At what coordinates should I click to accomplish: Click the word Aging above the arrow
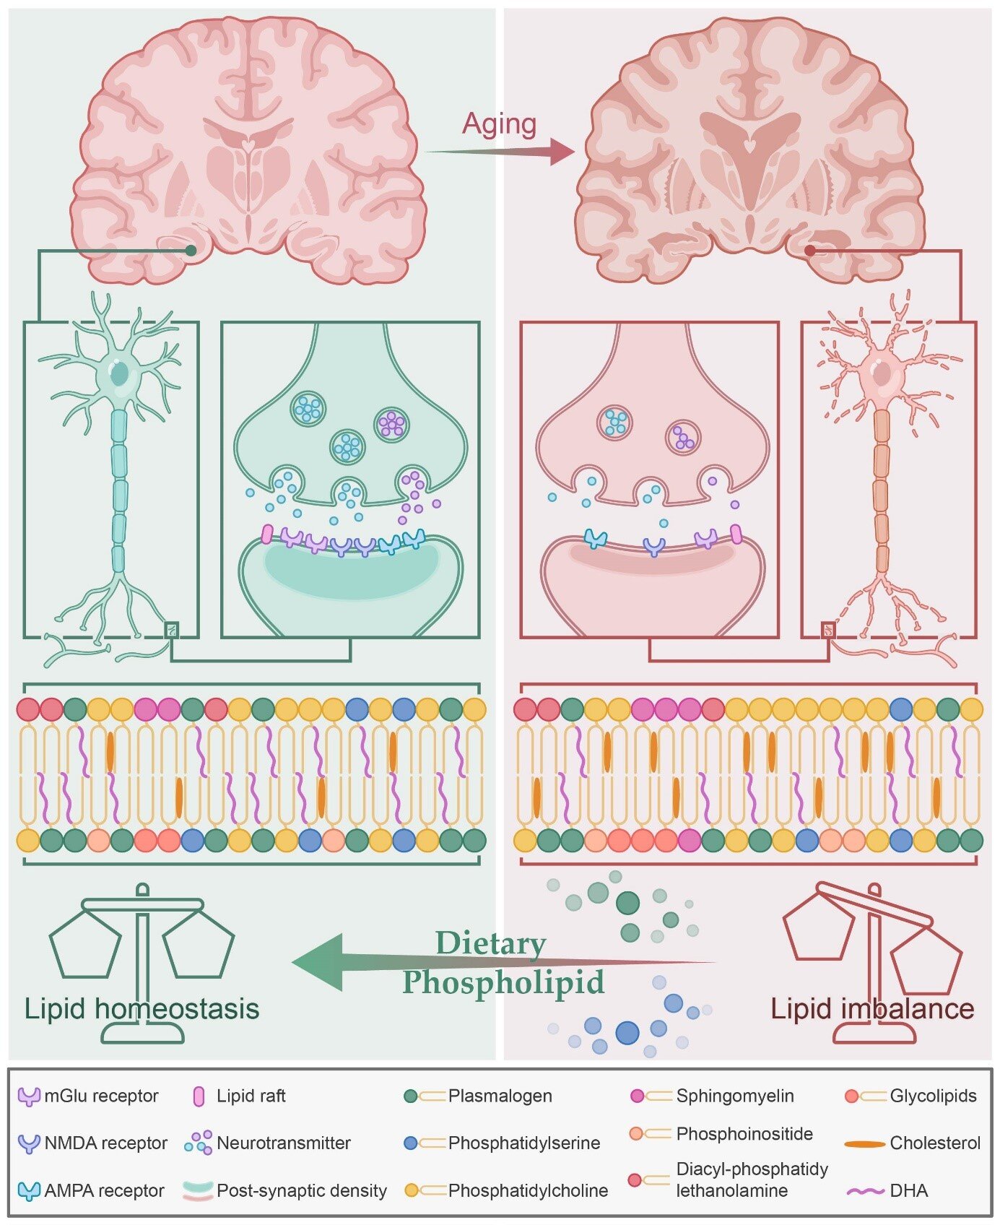coord(499,124)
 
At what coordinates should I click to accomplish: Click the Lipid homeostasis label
coord(142,1008)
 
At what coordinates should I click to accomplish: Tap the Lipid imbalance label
coord(872,1008)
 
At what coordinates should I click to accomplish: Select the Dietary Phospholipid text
coord(503,963)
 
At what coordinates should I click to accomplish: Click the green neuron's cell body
coord(118,374)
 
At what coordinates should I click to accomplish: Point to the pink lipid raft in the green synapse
coord(266,534)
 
